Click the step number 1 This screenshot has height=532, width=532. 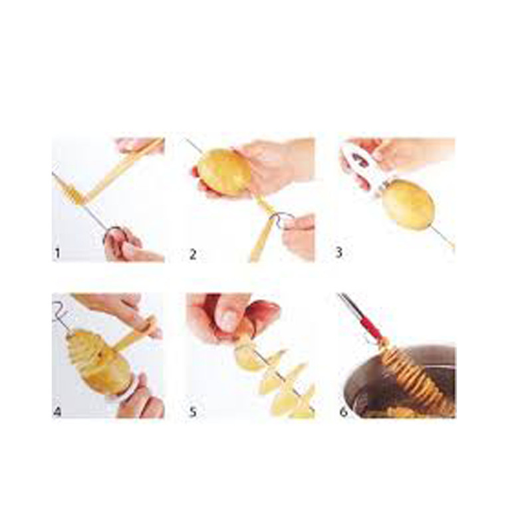point(57,253)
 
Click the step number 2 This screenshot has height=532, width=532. point(193,254)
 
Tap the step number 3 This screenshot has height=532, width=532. point(338,253)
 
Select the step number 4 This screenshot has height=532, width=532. point(57,412)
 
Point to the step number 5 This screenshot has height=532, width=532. point(193,412)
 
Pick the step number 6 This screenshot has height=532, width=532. point(343,412)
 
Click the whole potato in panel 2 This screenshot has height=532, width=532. point(225,173)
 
